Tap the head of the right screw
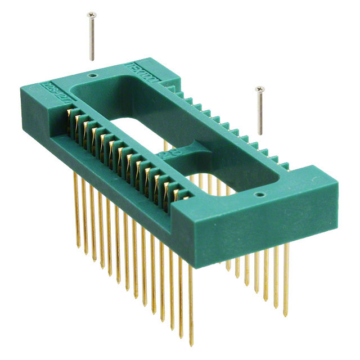click(x=259, y=89)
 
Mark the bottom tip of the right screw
click(x=260, y=134)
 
